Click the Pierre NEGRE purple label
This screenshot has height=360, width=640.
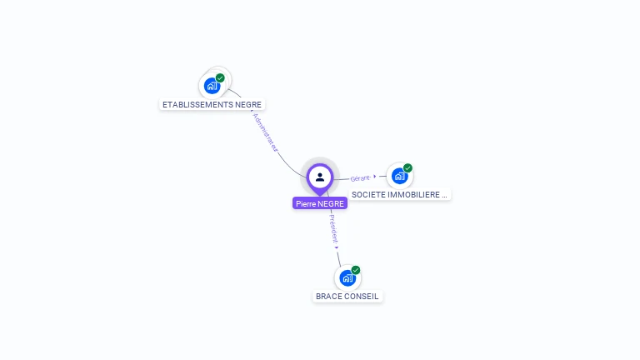coord(320,203)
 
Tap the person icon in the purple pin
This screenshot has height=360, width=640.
coord(320,177)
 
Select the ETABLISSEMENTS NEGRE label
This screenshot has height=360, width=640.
coord(212,105)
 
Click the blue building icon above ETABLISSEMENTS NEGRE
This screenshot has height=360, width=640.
coord(212,85)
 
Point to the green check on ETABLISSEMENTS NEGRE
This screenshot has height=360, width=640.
coord(220,77)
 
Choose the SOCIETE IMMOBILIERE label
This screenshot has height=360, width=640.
coord(400,194)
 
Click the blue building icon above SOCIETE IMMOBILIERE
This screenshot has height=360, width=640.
coord(399,176)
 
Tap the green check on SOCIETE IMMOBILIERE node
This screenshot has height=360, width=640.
coord(407,168)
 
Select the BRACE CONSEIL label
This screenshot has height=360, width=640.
coord(347,296)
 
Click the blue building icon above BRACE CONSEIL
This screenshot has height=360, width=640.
coord(347,277)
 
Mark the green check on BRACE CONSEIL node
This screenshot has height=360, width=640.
coord(356,270)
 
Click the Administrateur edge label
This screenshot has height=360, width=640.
coord(264,132)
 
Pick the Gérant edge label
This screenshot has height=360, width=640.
coord(360,177)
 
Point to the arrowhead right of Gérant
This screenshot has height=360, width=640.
coord(375,176)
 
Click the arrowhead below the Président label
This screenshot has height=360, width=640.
coord(337,247)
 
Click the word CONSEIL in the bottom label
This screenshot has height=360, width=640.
coord(362,296)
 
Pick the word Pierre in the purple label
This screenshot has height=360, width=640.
coord(306,203)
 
